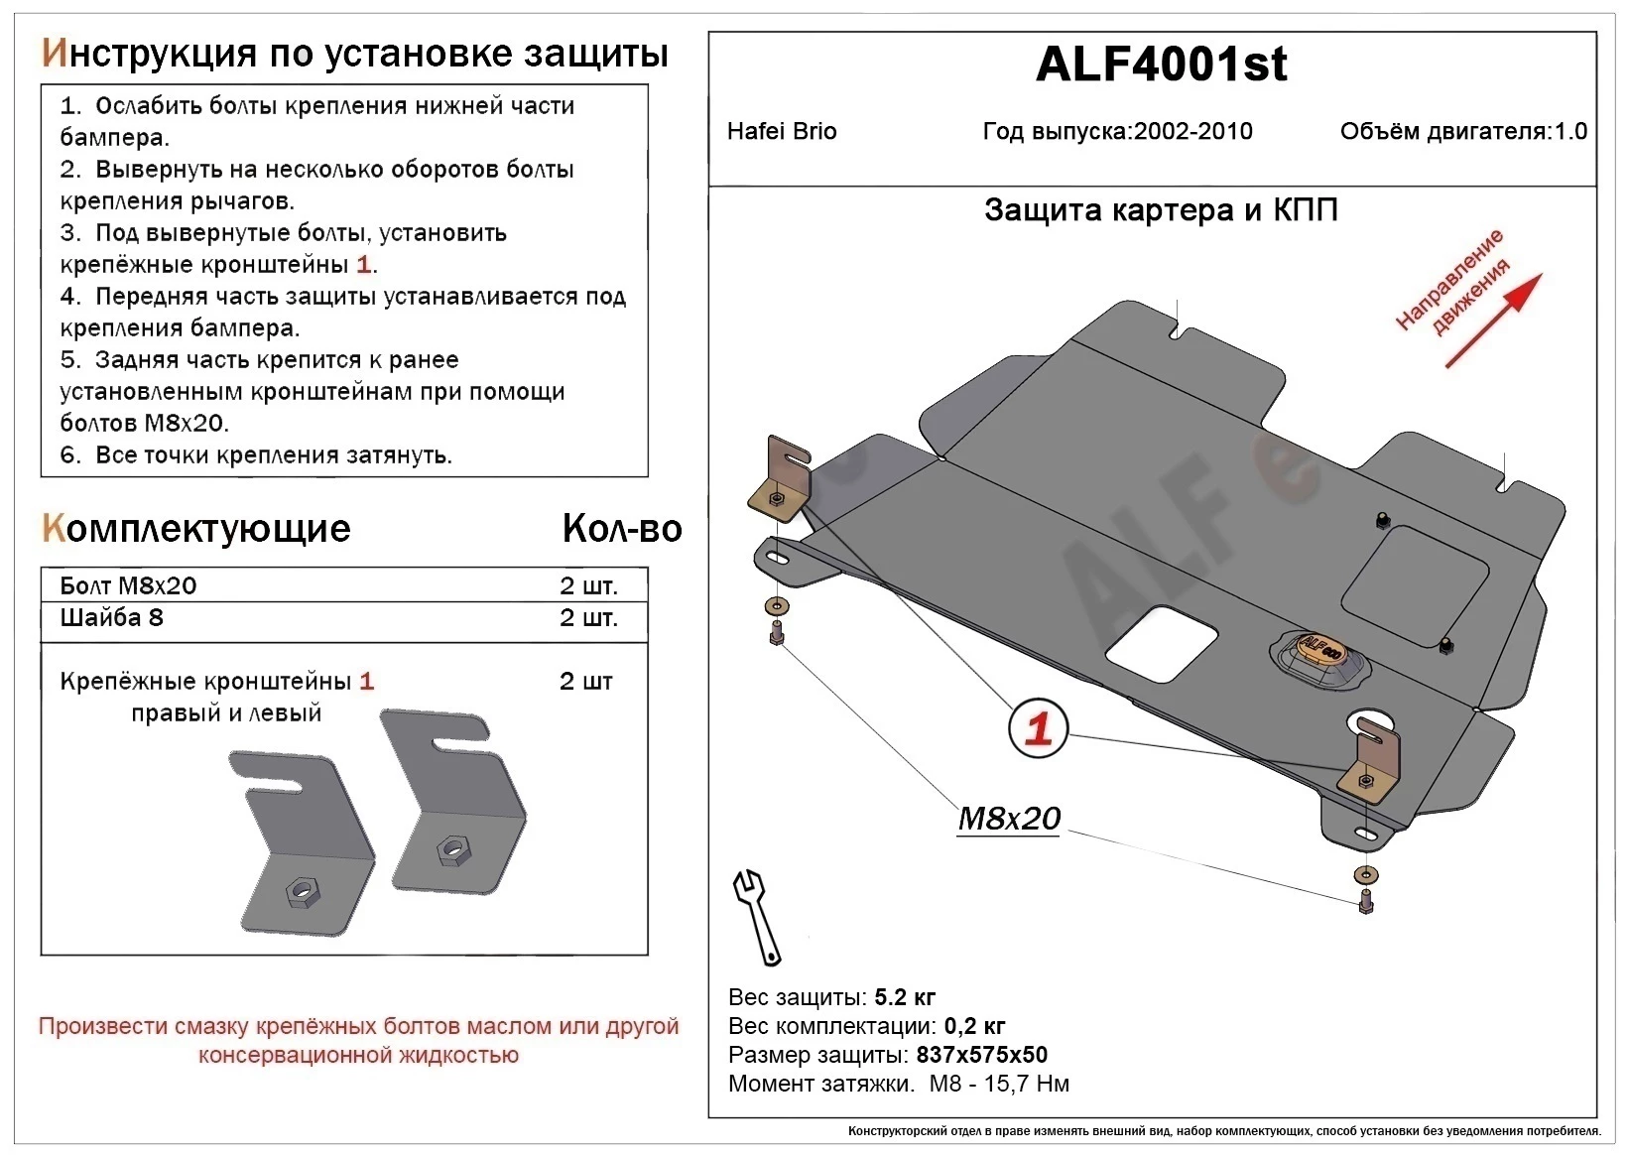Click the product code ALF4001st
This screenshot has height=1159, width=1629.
click(x=1161, y=65)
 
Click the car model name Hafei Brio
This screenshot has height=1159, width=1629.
click(x=782, y=132)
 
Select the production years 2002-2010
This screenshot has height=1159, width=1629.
click(x=1193, y=132)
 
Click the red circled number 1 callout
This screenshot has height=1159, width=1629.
click(x=1038, y=729)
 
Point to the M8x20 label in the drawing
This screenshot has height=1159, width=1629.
click(x=1009, y=819)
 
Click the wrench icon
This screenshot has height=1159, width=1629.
click(x=756, y=915)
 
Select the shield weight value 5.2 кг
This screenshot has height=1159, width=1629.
click(x=905, y=997)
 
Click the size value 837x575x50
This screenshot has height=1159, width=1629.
click(x=981, y=1055)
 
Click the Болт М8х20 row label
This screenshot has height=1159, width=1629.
click(x=128, y=585)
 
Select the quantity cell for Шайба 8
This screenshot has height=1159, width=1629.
click(x=587, y=618)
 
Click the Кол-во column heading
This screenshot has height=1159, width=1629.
click(x=621, y=529)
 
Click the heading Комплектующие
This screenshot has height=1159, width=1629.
click(x=196, y=529)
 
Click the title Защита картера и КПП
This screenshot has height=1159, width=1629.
click(x=1161, y=210)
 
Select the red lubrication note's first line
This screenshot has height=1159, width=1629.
click(x=358, y=1026)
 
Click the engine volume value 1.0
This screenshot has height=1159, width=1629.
click(x=1570, y=132)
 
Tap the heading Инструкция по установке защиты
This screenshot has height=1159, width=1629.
click(x=354, y=54)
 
